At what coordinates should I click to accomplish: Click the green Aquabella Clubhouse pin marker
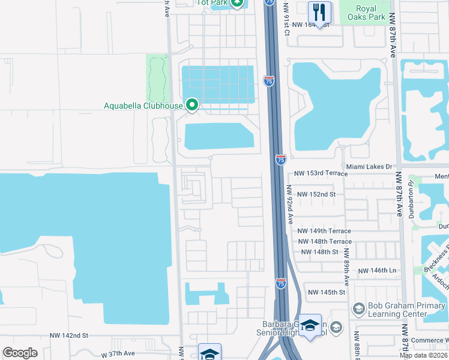point(192,106)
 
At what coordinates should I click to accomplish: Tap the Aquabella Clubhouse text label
point(143,106)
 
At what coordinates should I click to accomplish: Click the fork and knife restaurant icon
point(319,11)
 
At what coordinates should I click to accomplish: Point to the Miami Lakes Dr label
point(369,166)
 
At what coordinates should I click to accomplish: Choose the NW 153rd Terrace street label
point(321,173)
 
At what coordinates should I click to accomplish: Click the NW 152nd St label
point(324,194)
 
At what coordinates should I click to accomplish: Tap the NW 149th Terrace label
point(324,231)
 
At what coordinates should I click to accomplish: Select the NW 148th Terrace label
point(324,241)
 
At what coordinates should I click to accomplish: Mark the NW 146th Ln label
point(377,271)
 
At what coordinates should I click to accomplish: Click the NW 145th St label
point(327,292)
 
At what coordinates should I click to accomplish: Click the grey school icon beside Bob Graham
point(358,308)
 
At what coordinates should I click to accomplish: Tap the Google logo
point(20,353)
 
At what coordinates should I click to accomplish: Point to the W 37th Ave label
point(127,355)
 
